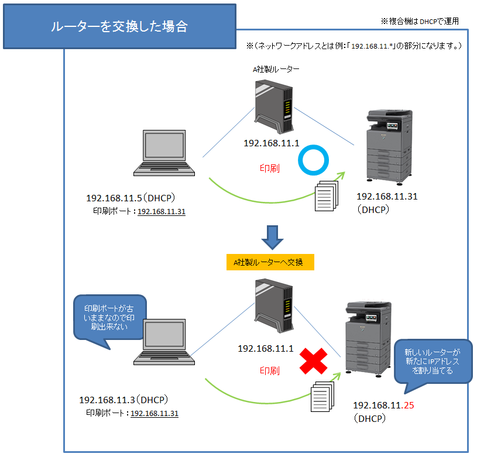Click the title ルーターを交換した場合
click(x=119, y=26)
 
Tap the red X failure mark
click(x=313, y=361)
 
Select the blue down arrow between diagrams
click(x=272, y=238)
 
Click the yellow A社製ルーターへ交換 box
click(x=270, y=262)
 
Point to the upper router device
click(x=274, y=106)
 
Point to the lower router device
click(x=274, y=305)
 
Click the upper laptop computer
click(x=164, y=153)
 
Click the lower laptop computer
click(x=164, y=342)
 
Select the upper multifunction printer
click(x=389, y=147)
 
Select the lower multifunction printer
click(x=368, y=339)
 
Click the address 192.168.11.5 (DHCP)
click(x=131, y=198)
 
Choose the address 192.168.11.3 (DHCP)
click(x=123, y=400)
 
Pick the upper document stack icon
click(x=327, y=196)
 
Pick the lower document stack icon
click(x=322, y=397)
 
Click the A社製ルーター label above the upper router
click(x=276, y=69)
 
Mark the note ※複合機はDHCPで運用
click(x=420, y=21)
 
